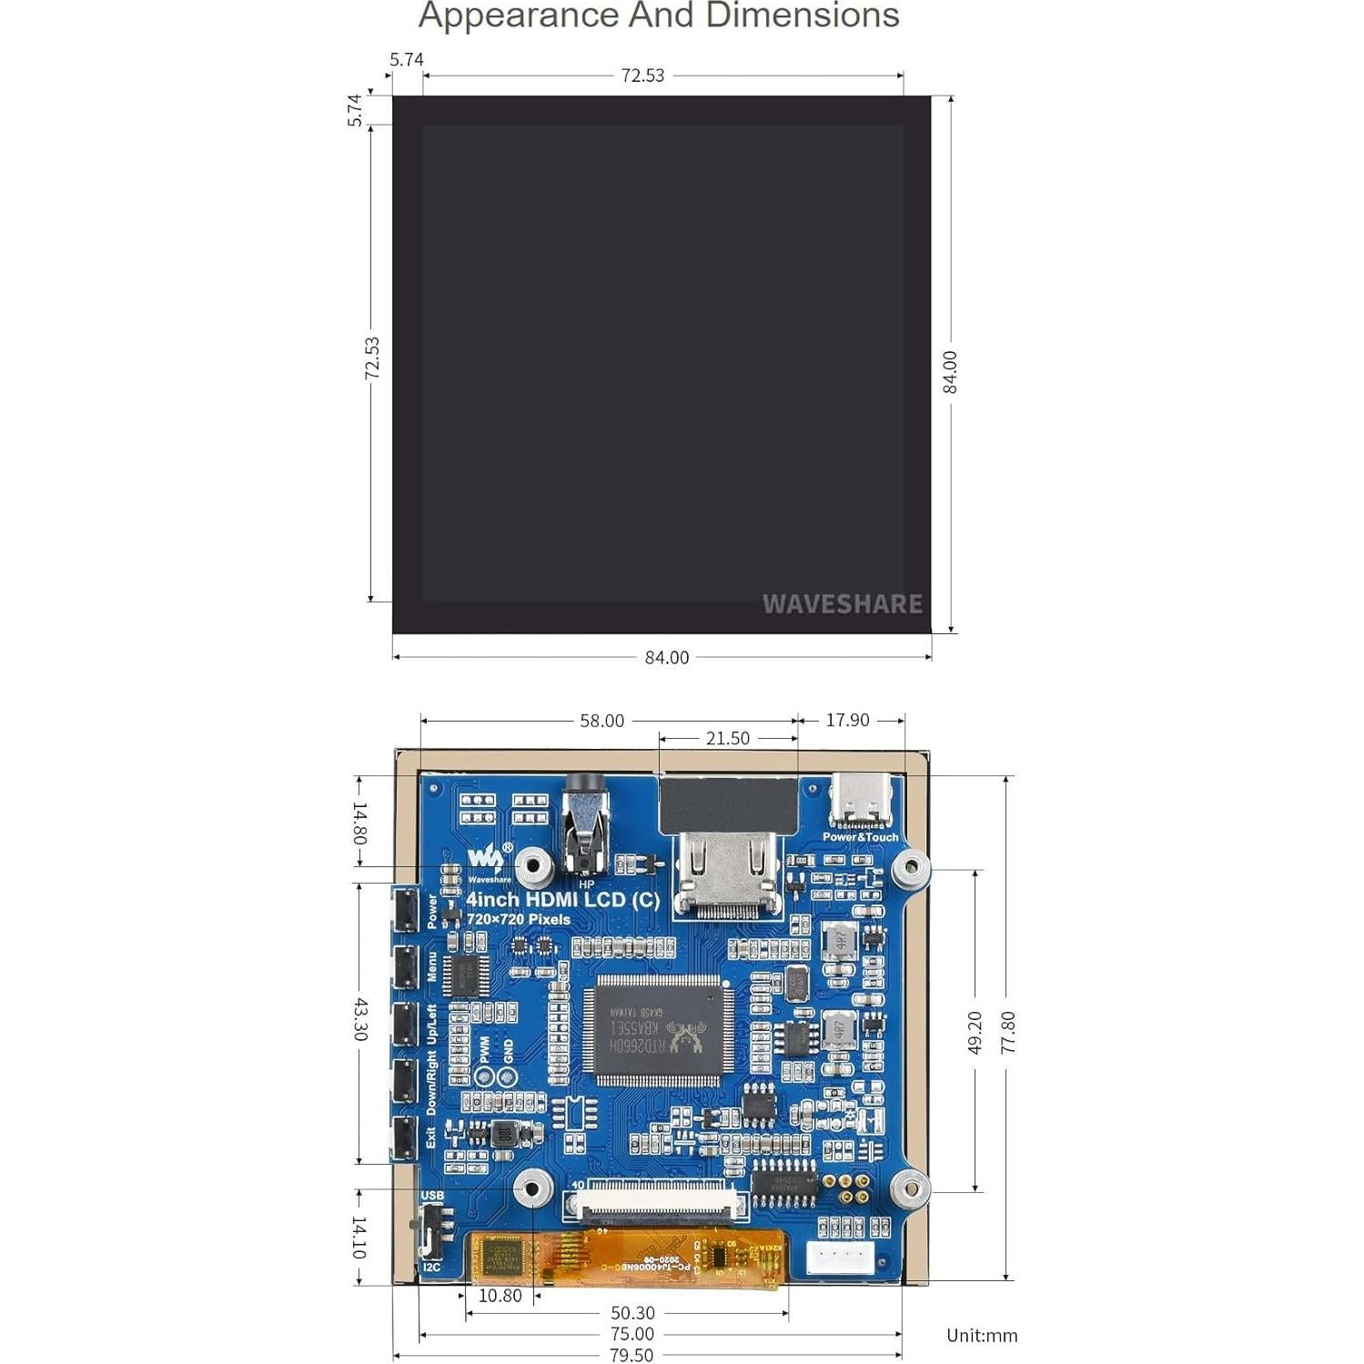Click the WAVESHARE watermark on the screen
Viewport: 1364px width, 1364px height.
click(842, 603)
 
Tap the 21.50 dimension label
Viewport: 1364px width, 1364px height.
click(727, 738)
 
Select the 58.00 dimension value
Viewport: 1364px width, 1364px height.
click(601, 721)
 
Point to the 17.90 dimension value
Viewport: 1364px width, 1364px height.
click(847, 720)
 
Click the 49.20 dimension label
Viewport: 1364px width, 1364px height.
click(975, 1032)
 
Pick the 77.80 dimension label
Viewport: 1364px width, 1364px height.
click(1007, 1032)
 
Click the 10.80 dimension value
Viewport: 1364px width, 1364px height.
click(500, 1295)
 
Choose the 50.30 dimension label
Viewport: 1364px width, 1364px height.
click(632, 1313)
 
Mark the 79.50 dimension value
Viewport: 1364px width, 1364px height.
click(631, 1355)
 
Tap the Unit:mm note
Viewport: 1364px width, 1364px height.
click(982, 1335)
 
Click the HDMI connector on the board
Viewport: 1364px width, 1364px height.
click(728, 874)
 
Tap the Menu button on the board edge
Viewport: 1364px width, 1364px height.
click(405, 966)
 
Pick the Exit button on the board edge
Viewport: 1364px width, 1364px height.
click(405, 1137)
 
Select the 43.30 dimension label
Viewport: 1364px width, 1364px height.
click(359, 1019)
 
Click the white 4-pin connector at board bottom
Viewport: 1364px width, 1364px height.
click(840, 1258)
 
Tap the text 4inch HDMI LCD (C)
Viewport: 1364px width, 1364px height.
click(562, 899)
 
